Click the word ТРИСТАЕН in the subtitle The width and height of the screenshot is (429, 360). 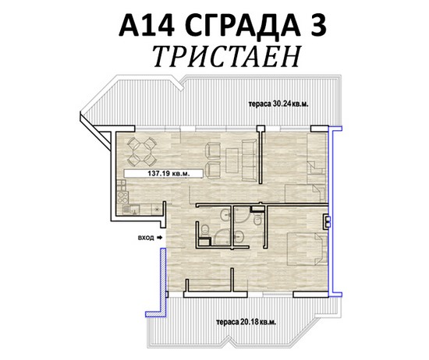click(227, 57)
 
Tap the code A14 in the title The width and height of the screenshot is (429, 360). click(147, 25)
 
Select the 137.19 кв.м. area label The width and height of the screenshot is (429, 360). click(168, 173)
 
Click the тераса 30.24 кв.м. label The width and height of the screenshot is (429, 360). click(278, 104)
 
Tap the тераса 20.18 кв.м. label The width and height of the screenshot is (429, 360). click(246, 322)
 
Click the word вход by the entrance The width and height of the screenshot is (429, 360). click(146, 238)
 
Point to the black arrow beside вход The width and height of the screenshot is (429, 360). click(159, 238)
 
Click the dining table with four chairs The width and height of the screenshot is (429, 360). click(142, 151)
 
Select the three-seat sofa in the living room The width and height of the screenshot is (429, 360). click(250, 160)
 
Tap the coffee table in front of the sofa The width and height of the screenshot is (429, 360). click(232, 161)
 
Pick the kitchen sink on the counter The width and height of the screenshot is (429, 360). click(131, 210)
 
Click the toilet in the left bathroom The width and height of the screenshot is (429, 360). click(204, 229)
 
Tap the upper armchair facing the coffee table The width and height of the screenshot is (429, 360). click(213, 151)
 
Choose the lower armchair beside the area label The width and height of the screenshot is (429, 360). click(213, 170)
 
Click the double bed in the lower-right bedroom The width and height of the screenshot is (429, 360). click(307, 249)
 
